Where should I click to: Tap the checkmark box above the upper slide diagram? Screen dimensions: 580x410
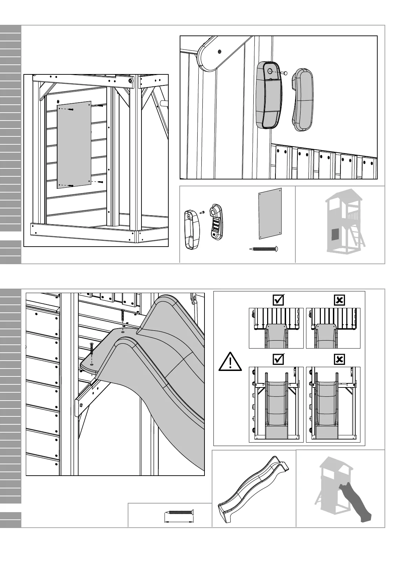click(x=278, y=300)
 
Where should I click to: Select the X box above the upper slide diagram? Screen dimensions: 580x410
click(x=339, y=300)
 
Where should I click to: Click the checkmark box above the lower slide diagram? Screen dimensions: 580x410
click(x=278, y=359)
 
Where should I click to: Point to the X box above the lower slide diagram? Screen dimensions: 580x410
click(x=339, y=359)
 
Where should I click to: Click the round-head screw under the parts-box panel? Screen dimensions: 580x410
click(x=264, y=248)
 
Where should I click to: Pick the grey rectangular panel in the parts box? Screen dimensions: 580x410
click(x=270, y=214)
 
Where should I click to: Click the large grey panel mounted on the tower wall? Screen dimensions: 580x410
click(x=74, y=145)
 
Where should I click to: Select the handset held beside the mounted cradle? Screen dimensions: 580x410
click(x=302, y=100)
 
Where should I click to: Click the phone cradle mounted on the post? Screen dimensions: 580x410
click(x=269, y=95)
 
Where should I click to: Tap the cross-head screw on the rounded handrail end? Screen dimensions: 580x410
click(x=220, y=52)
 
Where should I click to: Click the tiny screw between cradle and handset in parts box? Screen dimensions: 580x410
click(x=203, y=212)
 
